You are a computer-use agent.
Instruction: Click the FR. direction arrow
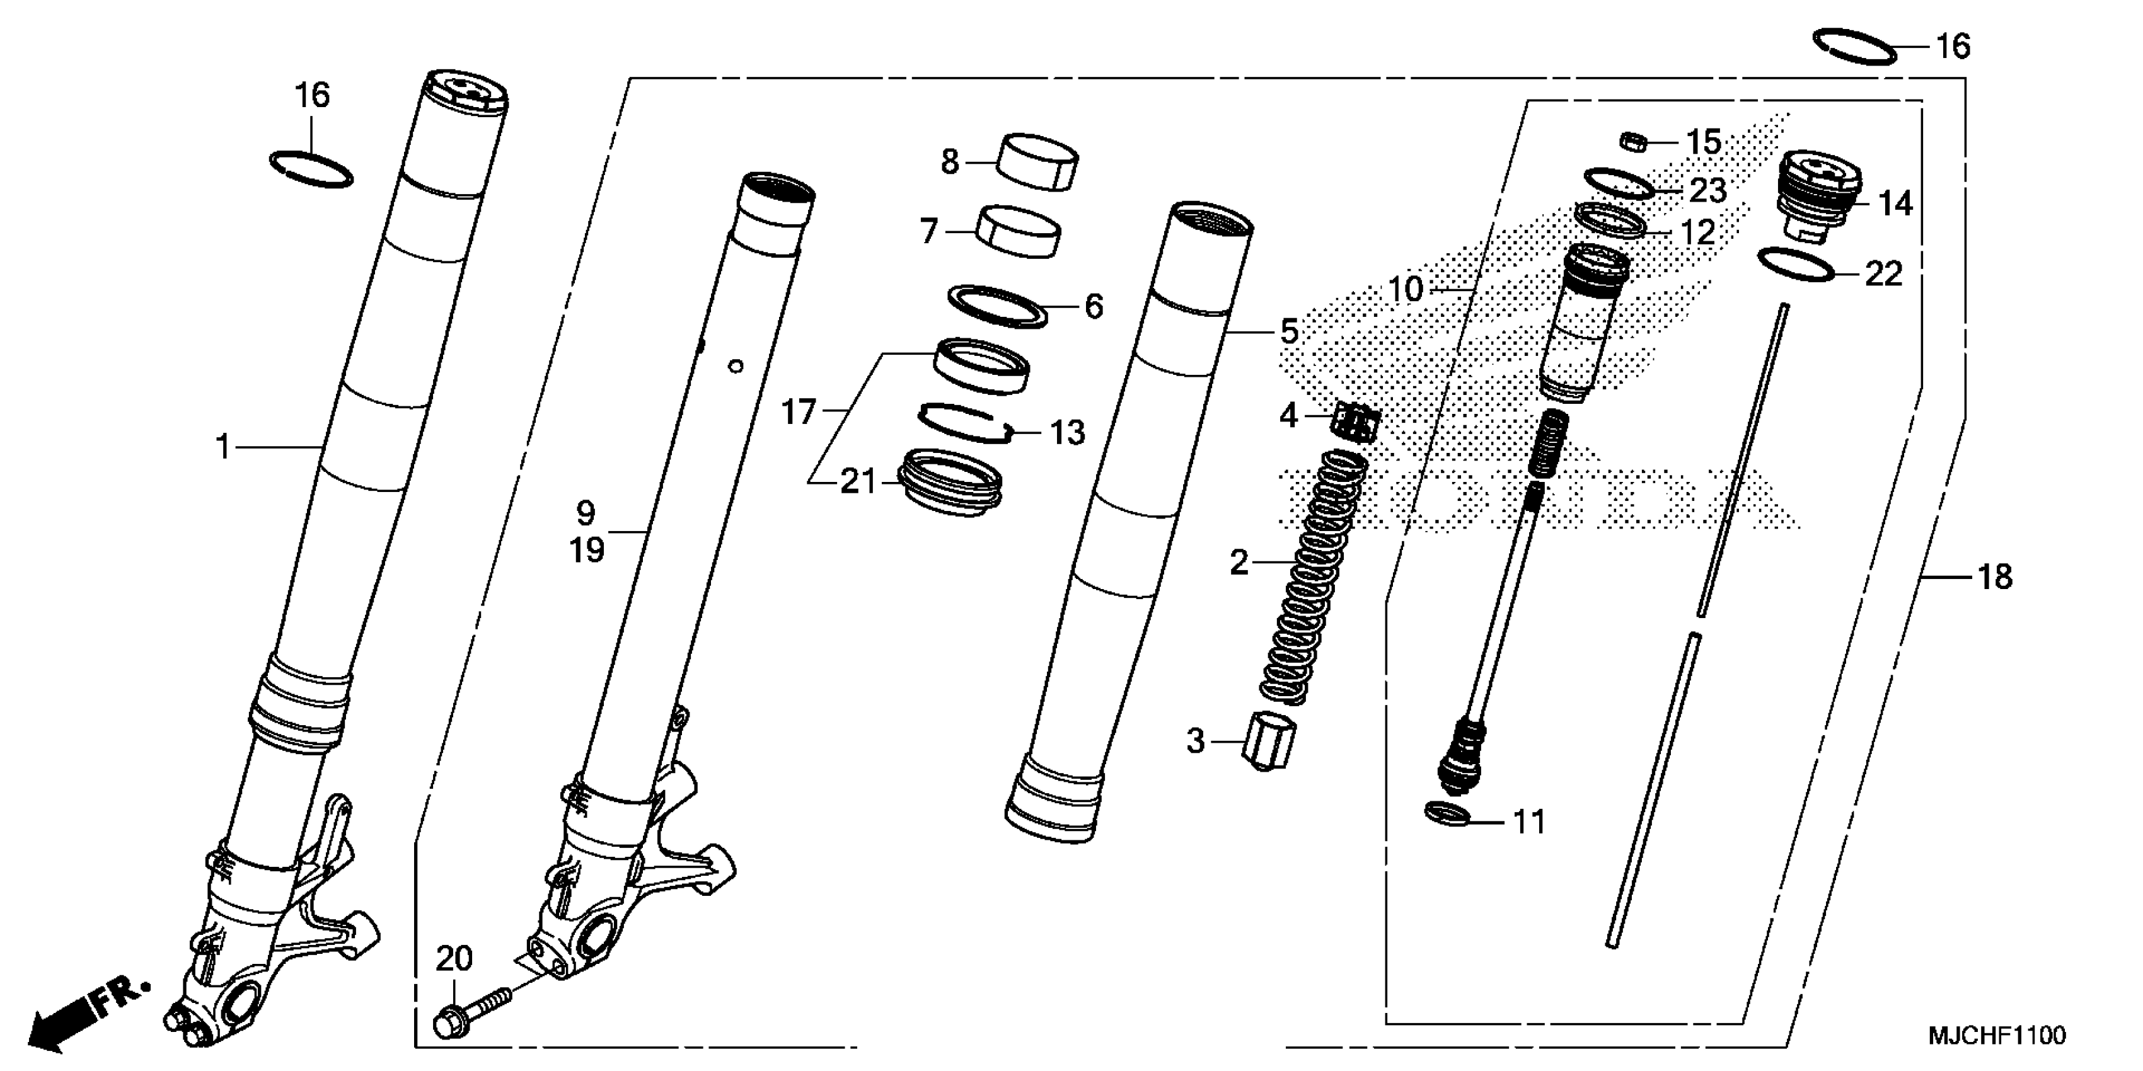point(79,1017)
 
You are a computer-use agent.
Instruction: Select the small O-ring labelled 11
point(1447,814)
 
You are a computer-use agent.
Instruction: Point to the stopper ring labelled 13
point(964,421)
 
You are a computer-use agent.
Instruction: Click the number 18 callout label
point(1994,576)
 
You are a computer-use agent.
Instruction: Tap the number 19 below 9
point(587,551)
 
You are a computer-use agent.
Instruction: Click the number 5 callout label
point(1288,333)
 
